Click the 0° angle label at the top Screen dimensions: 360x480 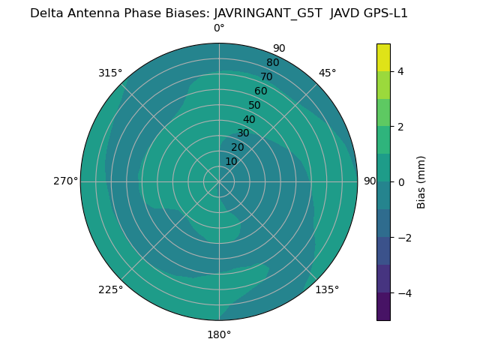point(219,28)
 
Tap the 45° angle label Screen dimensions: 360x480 point(328,73)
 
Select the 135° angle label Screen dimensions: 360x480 point(327,289)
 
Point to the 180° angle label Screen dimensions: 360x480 point(219,334)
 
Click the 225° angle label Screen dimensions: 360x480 point(110,289)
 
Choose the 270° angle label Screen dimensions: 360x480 point(65,181)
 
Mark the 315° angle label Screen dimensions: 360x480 point(110,73)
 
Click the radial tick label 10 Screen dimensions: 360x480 point(231,161)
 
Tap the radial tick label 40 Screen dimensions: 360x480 point(249,120)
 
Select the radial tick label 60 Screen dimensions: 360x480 point(260,91)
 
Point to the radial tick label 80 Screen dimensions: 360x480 point(272,63)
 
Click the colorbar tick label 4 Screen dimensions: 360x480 point(400,71)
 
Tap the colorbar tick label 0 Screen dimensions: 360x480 point(400,182)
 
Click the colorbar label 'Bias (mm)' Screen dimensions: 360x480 point(421,182)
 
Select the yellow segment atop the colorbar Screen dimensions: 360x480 point(383,58)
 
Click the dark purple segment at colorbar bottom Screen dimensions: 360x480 point(383,307)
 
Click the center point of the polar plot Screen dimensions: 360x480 point(219,181)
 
